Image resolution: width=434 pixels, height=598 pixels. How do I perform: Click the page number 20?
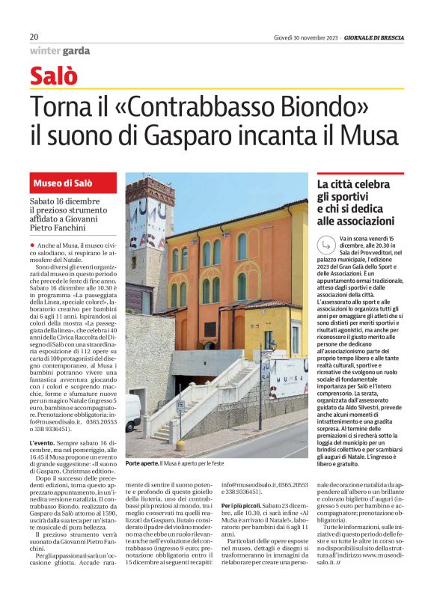[x=34, y=37]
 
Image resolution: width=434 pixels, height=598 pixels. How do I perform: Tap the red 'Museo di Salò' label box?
[x=73, y=184]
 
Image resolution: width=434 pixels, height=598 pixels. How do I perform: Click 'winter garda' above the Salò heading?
[x=60, y=51]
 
